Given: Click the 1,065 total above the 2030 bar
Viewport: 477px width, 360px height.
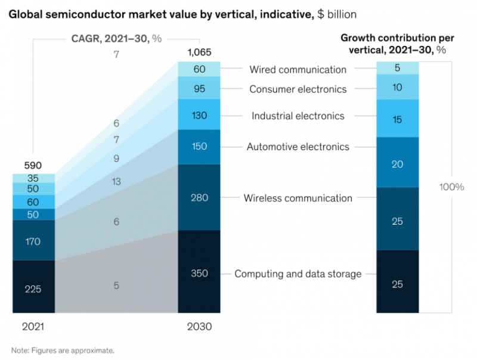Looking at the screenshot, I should point(199,52).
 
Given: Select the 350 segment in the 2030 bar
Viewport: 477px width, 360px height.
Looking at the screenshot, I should point(199,274).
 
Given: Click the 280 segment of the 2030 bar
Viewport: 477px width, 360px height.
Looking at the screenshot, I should point(199,197).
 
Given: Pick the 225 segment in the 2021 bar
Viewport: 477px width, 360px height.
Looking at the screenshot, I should point(33,289).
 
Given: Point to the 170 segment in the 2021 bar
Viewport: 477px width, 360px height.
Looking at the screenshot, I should point(33,241).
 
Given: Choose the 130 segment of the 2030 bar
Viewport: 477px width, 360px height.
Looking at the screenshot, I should point(199,114).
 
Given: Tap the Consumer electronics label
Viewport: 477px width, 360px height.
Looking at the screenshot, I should point(298,89).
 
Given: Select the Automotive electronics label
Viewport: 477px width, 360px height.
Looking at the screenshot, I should point(298,147).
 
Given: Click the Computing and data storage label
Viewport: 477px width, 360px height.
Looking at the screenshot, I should point(298,274).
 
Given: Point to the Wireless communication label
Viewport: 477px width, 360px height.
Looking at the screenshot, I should point(298,198).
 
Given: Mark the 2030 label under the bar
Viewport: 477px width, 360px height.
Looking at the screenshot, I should point(200,327).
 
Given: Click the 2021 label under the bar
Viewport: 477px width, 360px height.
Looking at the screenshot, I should point(33,327).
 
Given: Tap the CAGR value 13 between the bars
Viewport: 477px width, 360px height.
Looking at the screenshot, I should point(116,182).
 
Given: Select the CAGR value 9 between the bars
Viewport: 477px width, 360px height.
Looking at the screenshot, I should point(116,159).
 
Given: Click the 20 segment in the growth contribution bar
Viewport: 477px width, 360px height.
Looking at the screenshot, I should point(398,163).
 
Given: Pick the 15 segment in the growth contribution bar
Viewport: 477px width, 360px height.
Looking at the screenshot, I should point(398,120).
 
